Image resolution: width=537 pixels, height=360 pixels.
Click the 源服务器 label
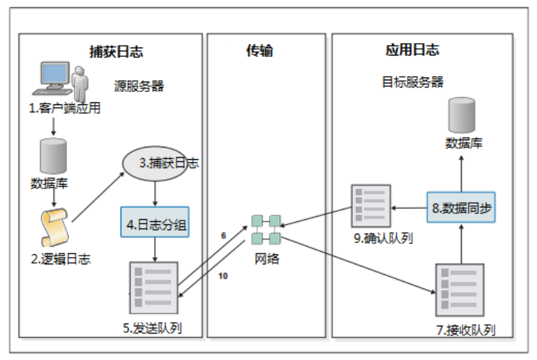coord(139,85)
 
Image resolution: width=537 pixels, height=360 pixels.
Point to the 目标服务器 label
coord(413,82)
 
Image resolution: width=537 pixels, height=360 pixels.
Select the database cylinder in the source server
coord(53,154)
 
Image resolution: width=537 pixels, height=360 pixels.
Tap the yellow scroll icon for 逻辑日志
coord(53,223)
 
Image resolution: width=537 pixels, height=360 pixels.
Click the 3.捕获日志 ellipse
coord(159,163)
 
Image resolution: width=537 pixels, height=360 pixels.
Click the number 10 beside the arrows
coord(224,276)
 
